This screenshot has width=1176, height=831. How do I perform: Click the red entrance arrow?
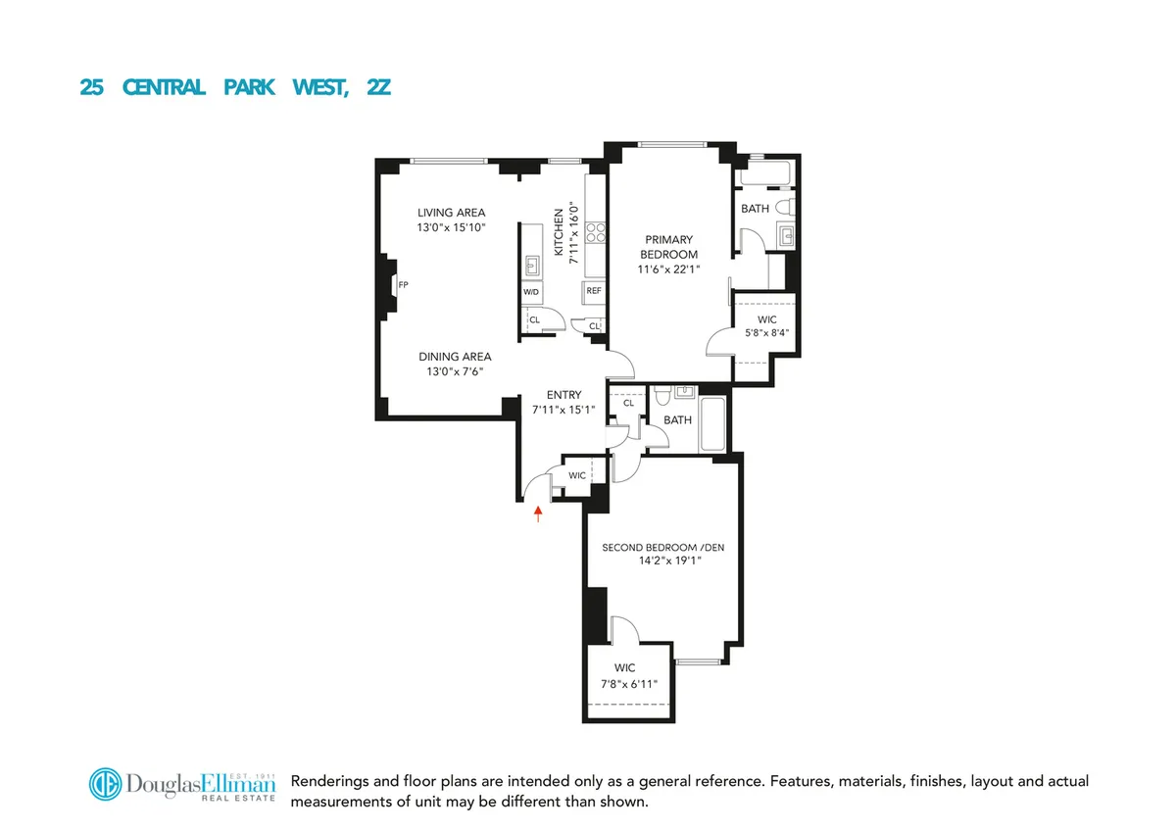[x=537, y=513]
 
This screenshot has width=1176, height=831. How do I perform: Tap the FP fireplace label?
[x=403, y=285]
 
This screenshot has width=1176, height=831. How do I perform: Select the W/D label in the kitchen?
[x=531, y=292]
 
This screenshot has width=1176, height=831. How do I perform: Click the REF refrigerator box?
[x=594, y=291]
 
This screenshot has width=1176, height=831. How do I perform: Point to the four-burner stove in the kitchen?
[x=594, y=231]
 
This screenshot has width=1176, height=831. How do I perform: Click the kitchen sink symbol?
[x=531, y=265]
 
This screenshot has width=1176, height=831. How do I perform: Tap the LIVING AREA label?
[x=451, y=213]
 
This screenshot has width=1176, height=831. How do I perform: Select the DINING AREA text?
[x=455, y=357]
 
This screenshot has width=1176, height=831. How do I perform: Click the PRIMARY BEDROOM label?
[x=669, y=247]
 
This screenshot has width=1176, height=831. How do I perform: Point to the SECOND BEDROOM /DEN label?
[x=663, y=548]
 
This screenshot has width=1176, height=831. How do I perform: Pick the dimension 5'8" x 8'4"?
[x=767, y=332]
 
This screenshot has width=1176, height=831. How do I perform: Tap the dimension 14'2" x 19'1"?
[x=663, y=562]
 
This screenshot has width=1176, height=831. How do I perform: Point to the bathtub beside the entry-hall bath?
[x=712, y=424]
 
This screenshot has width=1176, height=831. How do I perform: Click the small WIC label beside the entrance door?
[x=577, y=475]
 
